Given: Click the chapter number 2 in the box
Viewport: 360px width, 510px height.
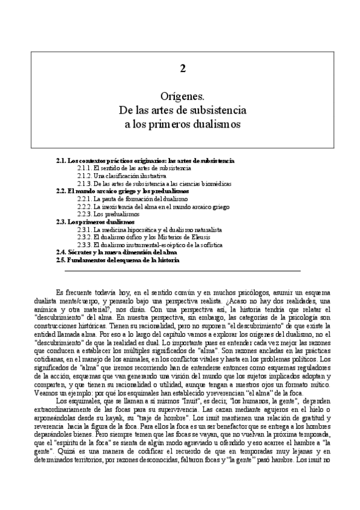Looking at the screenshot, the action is click(182, 69).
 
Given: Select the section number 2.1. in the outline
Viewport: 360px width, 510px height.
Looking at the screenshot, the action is click(61, 161).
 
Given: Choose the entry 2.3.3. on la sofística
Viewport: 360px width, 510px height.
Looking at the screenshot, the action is click(157, 244).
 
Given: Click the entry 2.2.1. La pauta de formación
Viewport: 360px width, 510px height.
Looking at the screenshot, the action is click(132, 198).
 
